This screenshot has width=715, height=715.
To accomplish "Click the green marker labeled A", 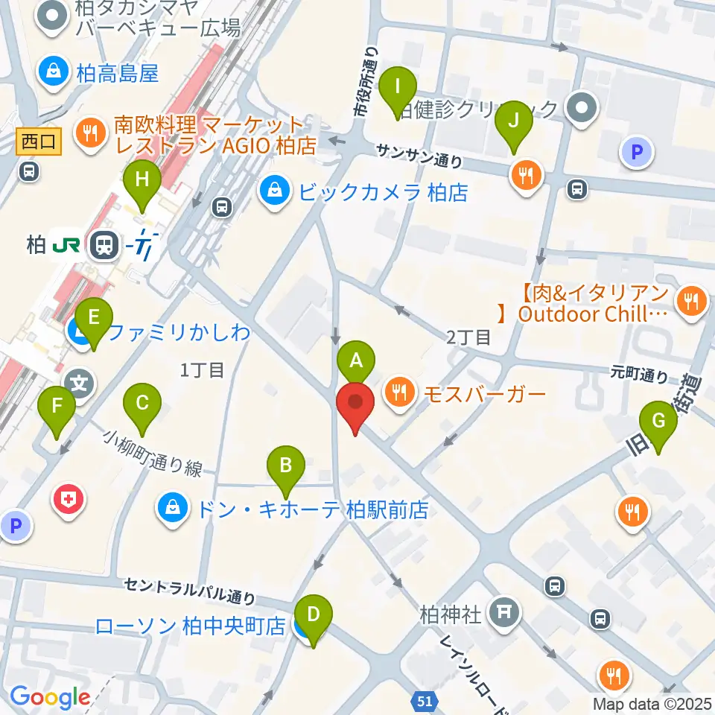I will [356, 362].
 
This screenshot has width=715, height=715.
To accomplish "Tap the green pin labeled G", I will [658, 421].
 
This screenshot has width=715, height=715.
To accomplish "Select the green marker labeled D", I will [314, 615].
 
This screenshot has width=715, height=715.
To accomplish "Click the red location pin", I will [355, 405].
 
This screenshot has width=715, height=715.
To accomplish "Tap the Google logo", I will [49, 697].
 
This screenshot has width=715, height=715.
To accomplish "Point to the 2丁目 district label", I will [469, 337].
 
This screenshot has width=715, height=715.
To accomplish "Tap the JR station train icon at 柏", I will [101, 246].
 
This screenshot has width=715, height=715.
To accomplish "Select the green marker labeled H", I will [142, 181].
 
